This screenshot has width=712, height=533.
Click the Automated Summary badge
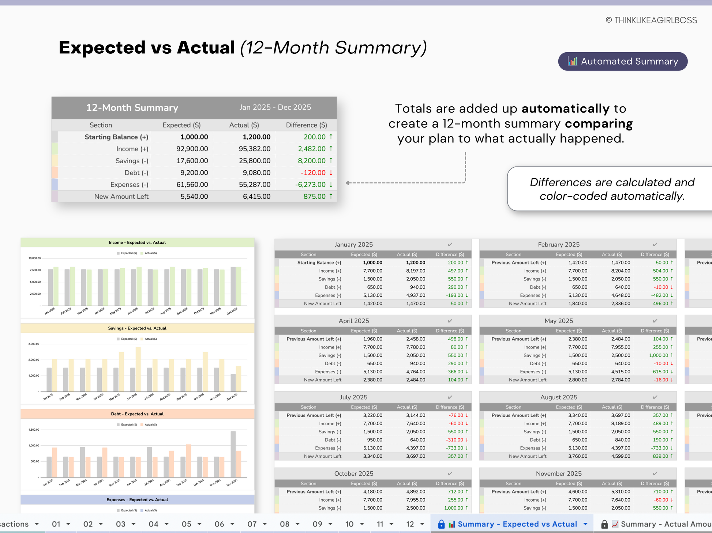(622, 61)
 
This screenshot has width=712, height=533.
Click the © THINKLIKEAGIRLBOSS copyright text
(651, 20)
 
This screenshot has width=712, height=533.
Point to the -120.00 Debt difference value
(313, 173)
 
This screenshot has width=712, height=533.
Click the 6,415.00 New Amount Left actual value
(256, 197)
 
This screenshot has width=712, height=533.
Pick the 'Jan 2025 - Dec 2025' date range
(275, 107)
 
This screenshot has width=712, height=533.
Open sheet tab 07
(252, 524)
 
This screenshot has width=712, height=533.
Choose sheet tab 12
(410, 524)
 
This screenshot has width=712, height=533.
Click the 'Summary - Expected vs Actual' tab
(517, 524)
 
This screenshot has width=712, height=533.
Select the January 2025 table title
(353, 245)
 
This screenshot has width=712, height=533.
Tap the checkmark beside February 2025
(655, 245)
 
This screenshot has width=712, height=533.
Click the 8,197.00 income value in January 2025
(416, 271)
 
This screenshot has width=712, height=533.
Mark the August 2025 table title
(559, 397)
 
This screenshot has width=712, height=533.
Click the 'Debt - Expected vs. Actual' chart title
(137, 414)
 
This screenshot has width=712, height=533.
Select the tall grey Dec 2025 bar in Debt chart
(233, 454)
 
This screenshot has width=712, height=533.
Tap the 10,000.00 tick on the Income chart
(35, 258)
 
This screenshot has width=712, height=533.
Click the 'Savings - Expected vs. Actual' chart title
(137, 328)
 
